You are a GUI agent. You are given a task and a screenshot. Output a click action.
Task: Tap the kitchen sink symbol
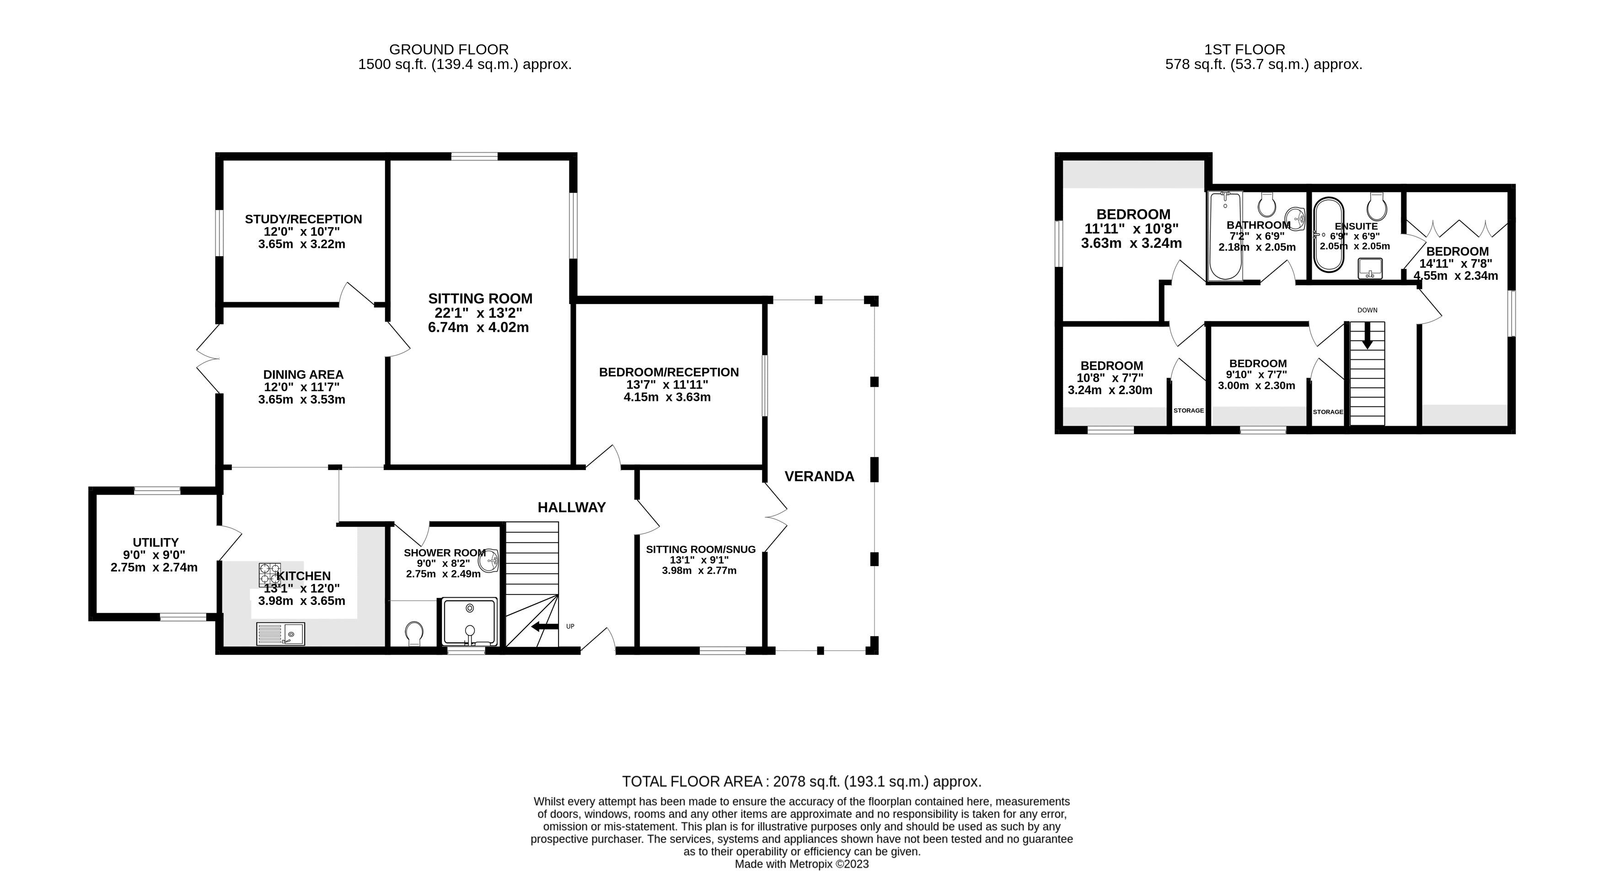[280, 634]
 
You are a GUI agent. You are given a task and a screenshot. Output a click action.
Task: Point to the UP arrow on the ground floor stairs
[545, 626]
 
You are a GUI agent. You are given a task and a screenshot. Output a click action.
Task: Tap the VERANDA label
[819, 476]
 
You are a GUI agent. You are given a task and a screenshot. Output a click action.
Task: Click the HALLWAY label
[572, 508]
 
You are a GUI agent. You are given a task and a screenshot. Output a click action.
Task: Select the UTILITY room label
[156, 542]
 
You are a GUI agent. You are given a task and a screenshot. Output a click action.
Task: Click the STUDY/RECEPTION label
[303, 219]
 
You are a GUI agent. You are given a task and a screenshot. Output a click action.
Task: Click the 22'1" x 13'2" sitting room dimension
[478, 313]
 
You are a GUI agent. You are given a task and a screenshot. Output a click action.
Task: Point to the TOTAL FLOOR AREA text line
[801, 781]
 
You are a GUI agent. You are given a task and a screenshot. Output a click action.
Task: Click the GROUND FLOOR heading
[448, 49]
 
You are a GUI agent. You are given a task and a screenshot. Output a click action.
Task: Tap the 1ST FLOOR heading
[1244, 49]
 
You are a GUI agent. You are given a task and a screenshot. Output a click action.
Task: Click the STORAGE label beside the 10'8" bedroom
[1188, 410]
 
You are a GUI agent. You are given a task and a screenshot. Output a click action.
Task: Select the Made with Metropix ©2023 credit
[801, 864]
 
